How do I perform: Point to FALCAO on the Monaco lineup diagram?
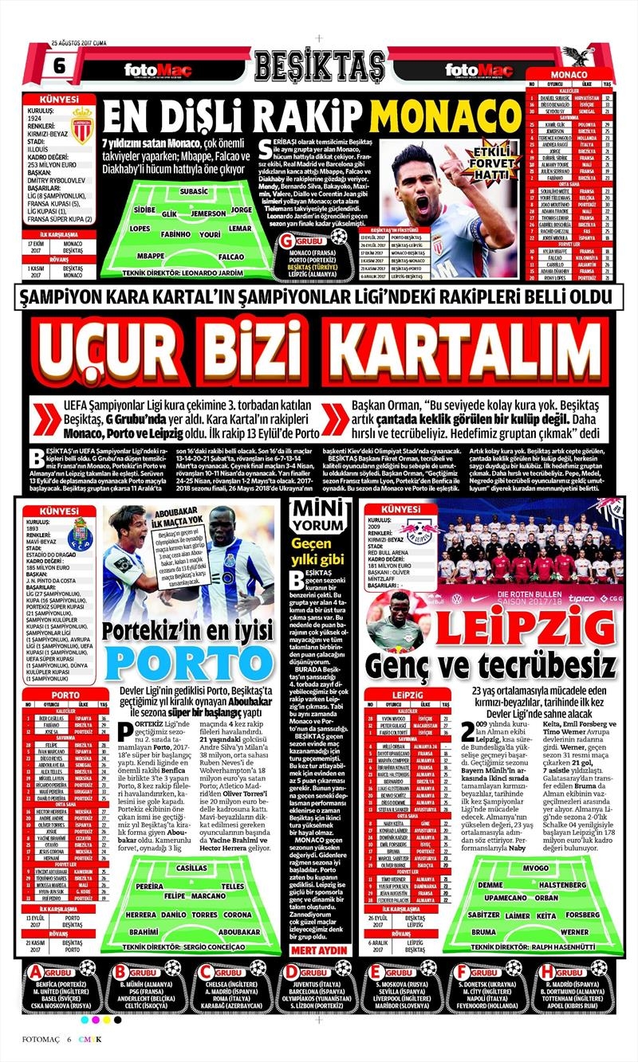click(x=230, y=257)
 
